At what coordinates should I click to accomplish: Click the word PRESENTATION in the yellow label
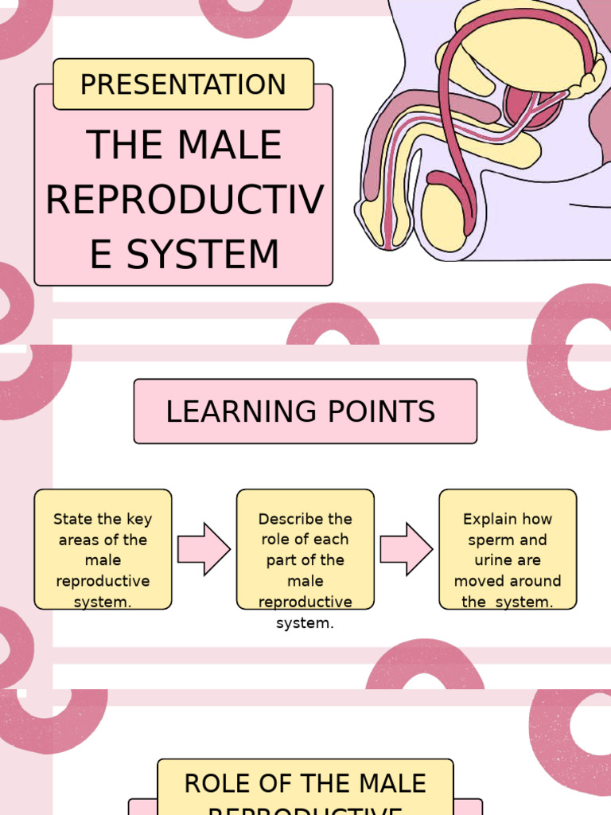pos(183,84)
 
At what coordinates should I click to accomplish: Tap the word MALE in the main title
pos(231,146)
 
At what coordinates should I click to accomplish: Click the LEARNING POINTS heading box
pos(305,411)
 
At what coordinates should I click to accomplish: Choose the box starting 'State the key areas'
pos(103,549)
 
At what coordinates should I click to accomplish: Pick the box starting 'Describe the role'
pos(305,549)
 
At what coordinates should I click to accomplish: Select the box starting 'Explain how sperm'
pos(508,549)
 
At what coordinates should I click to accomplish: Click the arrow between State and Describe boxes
pos(204,549)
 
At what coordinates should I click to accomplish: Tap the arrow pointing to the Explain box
pos(407,549)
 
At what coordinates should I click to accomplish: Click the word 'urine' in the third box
pos(481,560)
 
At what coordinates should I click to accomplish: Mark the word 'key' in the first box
pos(138,519)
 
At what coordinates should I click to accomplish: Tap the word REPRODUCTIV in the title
pos(184,200)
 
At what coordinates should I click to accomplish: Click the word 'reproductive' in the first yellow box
pos(103,581)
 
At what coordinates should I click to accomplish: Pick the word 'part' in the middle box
pos(282,560)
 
